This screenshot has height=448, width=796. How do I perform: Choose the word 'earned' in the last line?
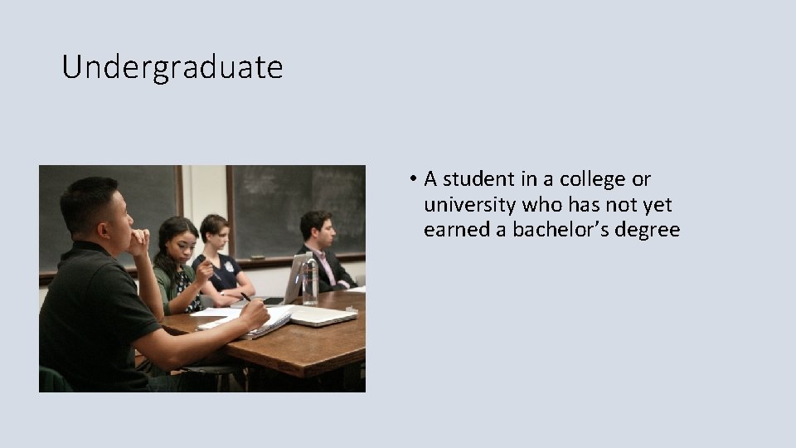point(456,230)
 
